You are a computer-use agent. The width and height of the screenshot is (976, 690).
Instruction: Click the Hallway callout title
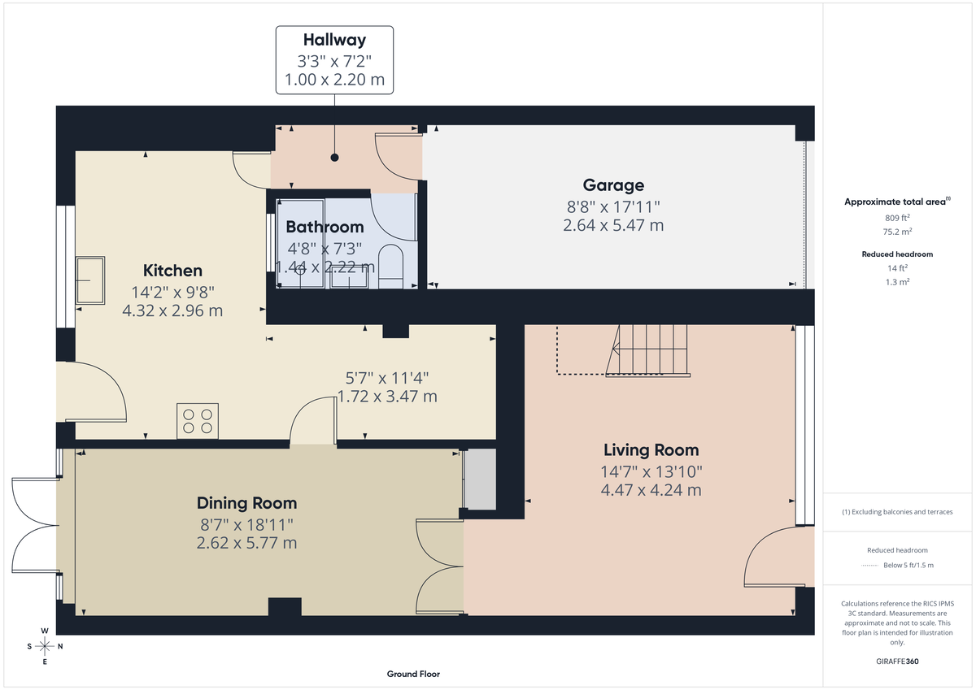(334, 39)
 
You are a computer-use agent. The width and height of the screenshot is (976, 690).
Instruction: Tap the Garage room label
(613, 185)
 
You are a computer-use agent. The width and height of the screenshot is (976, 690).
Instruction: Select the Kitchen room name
(172, 271)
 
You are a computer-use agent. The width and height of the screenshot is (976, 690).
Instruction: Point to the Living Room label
(651, 449)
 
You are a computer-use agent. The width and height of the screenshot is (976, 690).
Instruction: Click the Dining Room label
(246, 503)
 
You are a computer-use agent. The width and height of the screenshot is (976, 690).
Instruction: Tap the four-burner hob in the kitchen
(198, 421)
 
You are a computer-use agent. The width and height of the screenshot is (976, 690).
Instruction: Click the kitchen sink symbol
(90, 280)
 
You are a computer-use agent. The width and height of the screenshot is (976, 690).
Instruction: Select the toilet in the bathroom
(391, 266)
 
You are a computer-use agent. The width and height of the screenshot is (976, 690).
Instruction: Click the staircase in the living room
(651, 350)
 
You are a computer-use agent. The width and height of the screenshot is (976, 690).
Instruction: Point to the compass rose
(45, 646)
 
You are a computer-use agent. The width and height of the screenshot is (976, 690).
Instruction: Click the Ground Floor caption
(413, 674)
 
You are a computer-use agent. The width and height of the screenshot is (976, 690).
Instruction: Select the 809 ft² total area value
(897, 218)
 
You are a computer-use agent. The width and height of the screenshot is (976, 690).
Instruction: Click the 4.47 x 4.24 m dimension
(651, 490)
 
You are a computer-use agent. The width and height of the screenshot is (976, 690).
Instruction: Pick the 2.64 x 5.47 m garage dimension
(613, 225)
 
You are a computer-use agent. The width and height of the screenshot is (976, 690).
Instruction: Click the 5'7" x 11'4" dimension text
(387, 377)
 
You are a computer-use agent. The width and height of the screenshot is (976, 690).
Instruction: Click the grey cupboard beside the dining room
(479, 480)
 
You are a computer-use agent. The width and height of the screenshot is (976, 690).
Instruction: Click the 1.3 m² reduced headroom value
(897, 281)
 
